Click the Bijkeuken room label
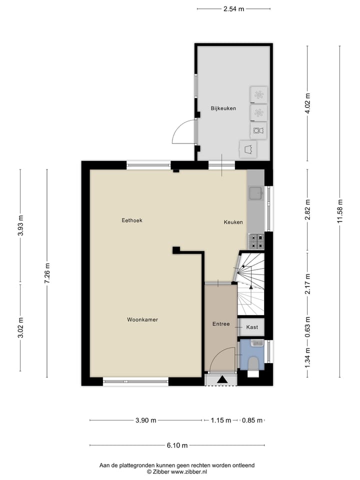tap(223, 108)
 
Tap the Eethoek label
tap(132, 220)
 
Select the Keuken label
tap(233, 222)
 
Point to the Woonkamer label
tap(142, 319)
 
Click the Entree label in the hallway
tap(220, 324)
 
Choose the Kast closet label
tap(252, 327)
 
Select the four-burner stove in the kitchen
tap(256, 241)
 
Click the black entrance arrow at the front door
tap(221, 380)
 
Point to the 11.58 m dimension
tap(340, 212)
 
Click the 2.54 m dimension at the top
tap(233, 8)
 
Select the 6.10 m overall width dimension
tap(177, 445)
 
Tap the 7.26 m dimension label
tap(47, 273)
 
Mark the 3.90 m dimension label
tap(145, 420)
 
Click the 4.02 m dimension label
tap(308, 103)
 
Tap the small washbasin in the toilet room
tap(257, 343)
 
